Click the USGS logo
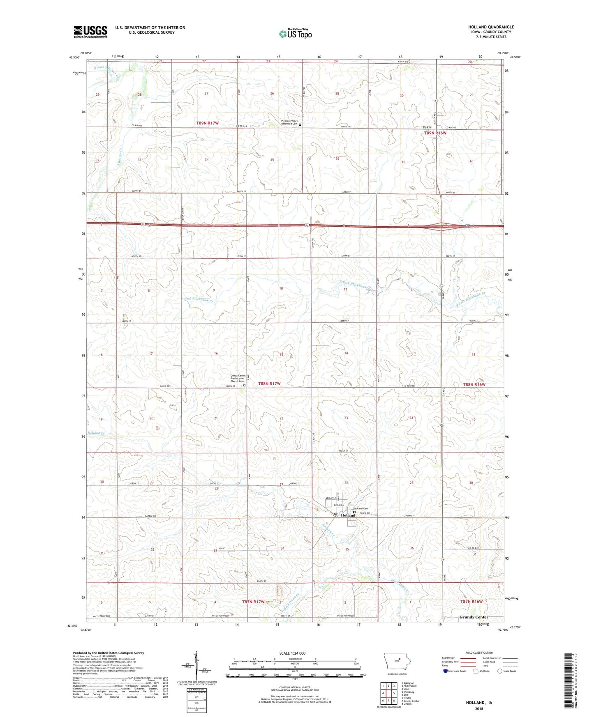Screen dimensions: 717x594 click(90, 32)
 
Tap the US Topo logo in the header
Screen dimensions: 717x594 click(295, 34)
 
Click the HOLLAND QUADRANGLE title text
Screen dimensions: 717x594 click(491, 27)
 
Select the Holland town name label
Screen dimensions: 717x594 click(348, 515)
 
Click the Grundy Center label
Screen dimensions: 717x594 click(474, 617)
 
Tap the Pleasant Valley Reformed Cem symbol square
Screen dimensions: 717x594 click(300, 124)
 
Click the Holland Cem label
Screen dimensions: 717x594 click(361, 508)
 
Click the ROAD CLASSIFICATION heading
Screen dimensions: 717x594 click(478, 653)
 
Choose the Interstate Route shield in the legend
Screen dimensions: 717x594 click(446, 671)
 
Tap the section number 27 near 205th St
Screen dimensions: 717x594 click(282, 485)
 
